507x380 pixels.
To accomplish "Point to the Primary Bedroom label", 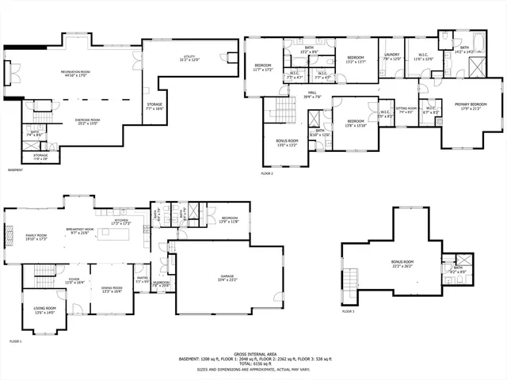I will click(x=471, y=106).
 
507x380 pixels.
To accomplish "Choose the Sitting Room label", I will click(x=406, y=111).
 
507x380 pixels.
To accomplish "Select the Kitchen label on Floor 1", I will click(x=120, y=224).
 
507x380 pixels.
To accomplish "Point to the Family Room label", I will click(x=36, y=237).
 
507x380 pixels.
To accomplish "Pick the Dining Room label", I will click(x=112, y=289).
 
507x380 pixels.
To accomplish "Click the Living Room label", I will click(x=44, y=310).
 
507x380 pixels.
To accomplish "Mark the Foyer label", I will click(x=74, y=279).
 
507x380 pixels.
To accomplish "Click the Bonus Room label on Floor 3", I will click(x=402, y=263).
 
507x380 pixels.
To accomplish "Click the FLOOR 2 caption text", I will click(x=266, y=173).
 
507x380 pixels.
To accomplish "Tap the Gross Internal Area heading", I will click(x=253, y=354).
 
